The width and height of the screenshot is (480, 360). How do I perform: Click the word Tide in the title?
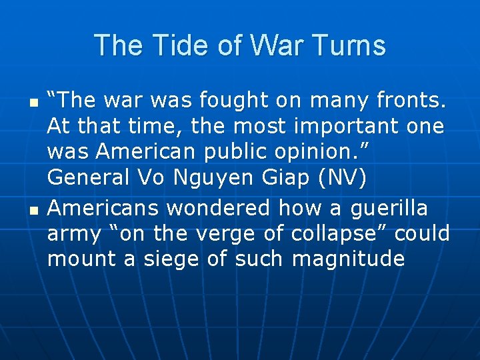click(x=172, y=45)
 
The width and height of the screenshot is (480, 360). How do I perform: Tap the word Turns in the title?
click(x=352, y=45)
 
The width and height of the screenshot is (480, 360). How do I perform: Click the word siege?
click(x=167, y=259)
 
